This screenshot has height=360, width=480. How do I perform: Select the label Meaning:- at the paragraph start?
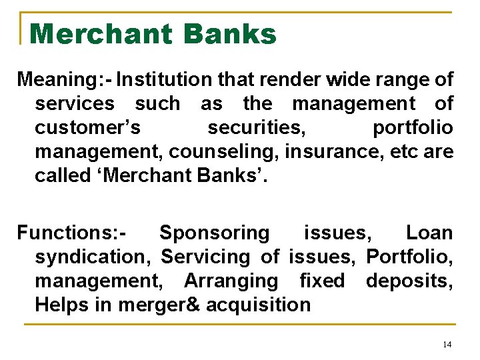tap(65, 80)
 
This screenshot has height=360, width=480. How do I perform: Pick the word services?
tap(75, 103)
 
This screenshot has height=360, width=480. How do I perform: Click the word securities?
tap(256, 127)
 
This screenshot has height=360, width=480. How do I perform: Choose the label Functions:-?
tap(72, 233)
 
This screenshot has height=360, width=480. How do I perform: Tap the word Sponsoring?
tap(215, 233)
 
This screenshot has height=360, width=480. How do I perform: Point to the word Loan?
tap(429, 233)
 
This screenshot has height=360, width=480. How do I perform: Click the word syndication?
tap(92, 257)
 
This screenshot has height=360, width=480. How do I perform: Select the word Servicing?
tap(206, 257)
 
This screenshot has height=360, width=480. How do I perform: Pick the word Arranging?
tap(231, 281)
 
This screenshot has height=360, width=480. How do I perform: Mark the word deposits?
tap(409, 281)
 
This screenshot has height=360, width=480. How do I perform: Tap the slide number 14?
tap(447, 344)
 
